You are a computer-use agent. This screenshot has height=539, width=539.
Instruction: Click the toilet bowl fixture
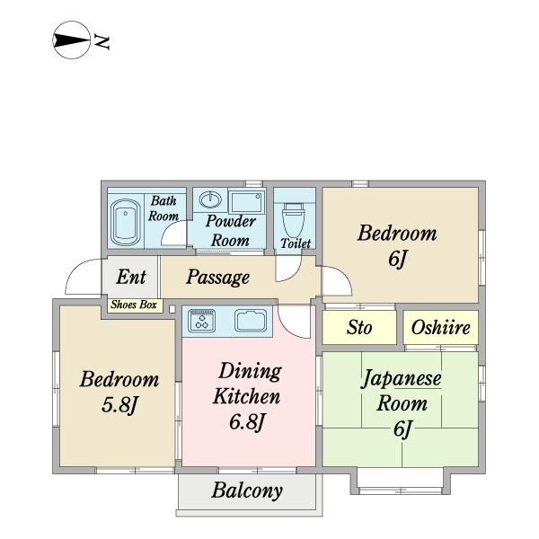tap(294, 217)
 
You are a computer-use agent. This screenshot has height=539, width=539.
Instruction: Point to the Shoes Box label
tap(134, 305)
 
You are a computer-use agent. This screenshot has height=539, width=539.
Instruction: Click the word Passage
tap(218, 277)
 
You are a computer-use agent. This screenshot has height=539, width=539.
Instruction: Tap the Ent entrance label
tap(131, 277)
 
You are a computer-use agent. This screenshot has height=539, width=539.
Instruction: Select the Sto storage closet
tap(359, 328)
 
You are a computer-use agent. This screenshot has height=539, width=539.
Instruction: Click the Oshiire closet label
tap(440, 328)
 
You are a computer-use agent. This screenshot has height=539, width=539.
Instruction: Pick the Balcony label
tap(247, 490)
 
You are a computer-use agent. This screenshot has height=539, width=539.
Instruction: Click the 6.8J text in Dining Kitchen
tap(245, 421)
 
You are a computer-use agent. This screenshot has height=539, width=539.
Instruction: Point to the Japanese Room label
tap(401, 391)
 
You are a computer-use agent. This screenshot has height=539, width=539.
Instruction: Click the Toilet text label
tap(296, 243)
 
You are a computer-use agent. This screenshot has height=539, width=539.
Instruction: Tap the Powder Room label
tap(230, 231)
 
